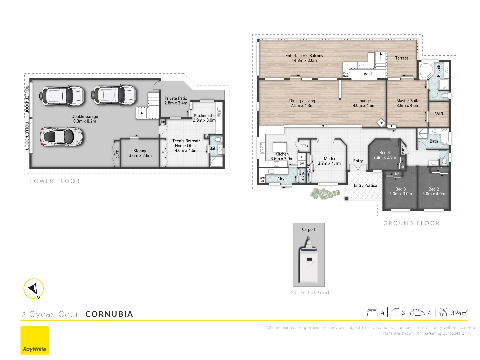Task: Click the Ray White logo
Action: coord(35,340)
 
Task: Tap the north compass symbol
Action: coord(34,288)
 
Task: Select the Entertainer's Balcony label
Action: coord(304,58)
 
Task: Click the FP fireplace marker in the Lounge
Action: coord(381,123)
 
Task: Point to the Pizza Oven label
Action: coord(346,75)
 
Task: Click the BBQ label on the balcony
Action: coord(361,65)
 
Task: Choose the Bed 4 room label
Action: coord(385,155)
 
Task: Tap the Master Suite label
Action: coord(408,103)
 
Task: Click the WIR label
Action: coord(439,114)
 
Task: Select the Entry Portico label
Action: coord(365,185)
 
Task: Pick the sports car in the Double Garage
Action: coord(61,136)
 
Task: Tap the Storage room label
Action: coord(140,153)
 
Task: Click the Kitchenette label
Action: coord(204,118)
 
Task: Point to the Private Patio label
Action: coord(176,101)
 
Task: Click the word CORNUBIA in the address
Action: coord(109,314)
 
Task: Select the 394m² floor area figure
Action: coord(459,313)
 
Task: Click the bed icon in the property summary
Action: coord(372,312)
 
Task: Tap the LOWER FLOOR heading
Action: coord(55,181)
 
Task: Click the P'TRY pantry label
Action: coord(304,146)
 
